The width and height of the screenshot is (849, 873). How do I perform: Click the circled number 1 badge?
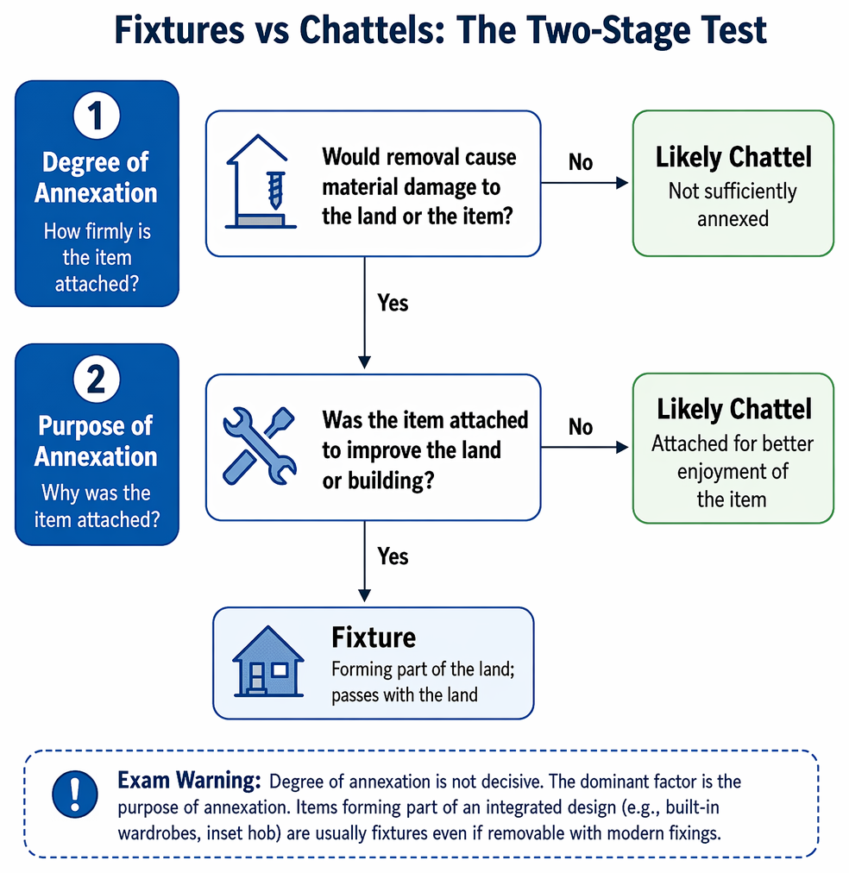[x=97, y=116]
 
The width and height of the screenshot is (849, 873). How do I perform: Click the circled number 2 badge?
[x=97, y=379]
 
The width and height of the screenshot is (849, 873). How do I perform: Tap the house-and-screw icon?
[x=260, y=181]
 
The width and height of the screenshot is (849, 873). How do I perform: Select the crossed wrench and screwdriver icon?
[x=259, y=446]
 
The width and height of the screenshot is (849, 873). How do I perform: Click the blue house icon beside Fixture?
[x=268, y=662]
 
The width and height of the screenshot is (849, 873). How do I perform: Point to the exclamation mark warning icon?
[x=74, y=794]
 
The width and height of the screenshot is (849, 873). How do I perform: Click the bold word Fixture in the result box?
[x=374, y=637]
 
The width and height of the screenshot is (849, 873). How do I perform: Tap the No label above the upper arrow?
[x=580, y=162]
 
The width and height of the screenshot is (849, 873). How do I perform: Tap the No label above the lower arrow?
[x=580, y=427]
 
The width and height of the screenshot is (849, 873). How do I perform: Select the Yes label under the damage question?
[x=393, y=303]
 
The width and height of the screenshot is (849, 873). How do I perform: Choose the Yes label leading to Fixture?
[x=393, y=556]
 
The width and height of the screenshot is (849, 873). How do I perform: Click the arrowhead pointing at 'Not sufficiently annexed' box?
[x=622, y=183]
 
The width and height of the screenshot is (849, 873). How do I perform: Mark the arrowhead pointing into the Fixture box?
[x=365, y=595]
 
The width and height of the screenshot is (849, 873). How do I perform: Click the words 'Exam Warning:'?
[x=189, y=781]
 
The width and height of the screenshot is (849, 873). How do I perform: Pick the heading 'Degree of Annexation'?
[x=96, y=178]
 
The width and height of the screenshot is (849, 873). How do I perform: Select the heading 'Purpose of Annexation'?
[x=96, y=441]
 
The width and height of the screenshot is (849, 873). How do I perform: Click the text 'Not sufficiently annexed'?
[x=733, y=205]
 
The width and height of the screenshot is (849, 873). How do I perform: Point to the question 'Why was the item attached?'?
[x=97, y=506]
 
